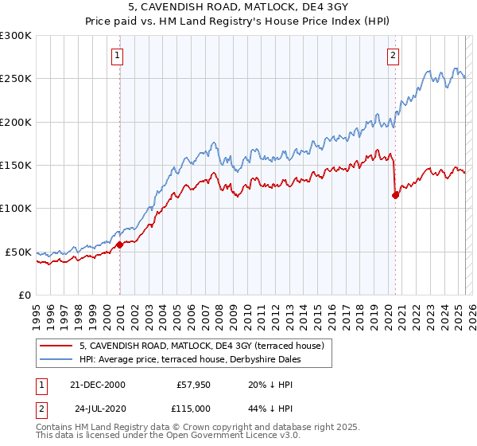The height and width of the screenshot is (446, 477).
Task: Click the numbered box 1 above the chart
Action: tap(117, 56)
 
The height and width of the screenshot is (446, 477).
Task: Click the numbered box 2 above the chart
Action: tap(394, 56)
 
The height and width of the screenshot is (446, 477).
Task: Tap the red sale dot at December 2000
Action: tap(120, 245)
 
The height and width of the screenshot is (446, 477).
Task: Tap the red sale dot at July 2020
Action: tap(396, 196)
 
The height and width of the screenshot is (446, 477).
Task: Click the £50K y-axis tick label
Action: tap(18, 252)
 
